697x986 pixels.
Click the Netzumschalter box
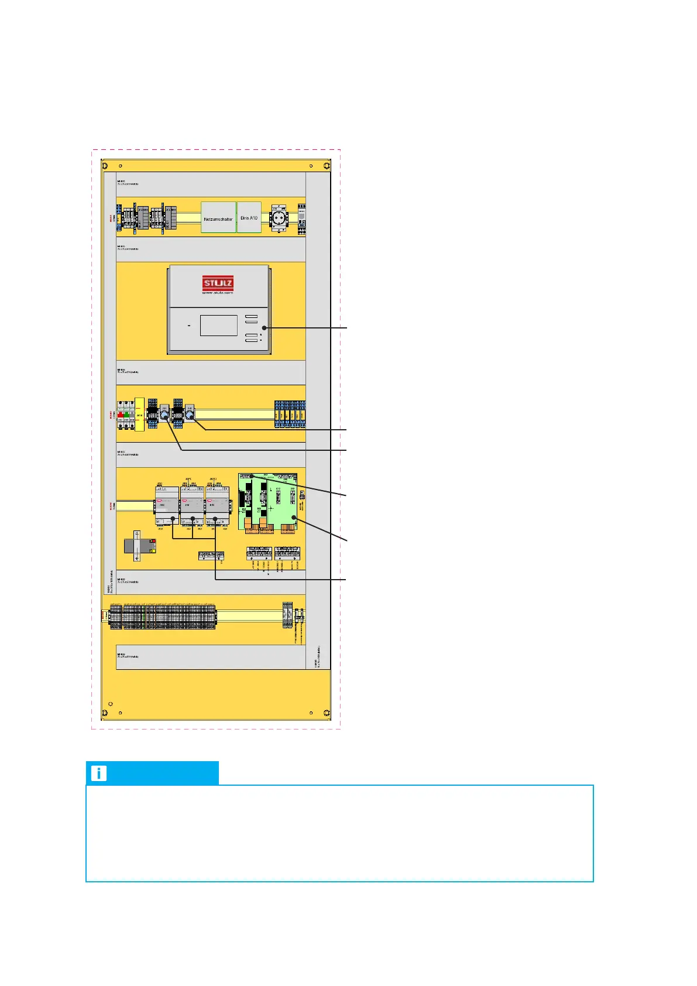tap(218, 218)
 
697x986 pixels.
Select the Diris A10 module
tap(249, 217)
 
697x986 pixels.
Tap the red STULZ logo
tap(218, 284)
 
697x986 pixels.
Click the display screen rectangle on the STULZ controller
tap(218, 326)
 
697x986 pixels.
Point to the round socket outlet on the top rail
tap(278, 219)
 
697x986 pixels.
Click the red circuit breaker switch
tap(120, 415)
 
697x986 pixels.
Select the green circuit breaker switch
tap(126, 415)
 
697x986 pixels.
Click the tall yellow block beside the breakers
tap(139, 415)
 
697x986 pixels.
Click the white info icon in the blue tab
tap(99, 773)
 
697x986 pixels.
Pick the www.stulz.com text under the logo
tap(218, 293)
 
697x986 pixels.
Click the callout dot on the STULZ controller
tap(264, 328)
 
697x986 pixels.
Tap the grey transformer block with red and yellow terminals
tap(140, 546)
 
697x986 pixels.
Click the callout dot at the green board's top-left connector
tap(250, 477)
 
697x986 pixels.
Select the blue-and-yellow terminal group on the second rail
tap(290, 415)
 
